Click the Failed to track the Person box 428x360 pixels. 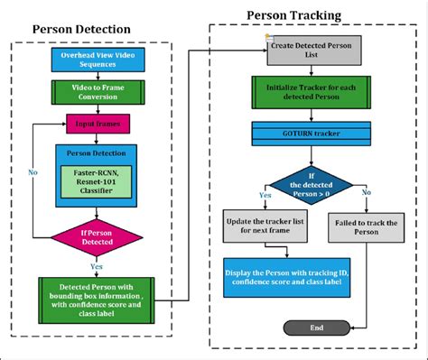366,226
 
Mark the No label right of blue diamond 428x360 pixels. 366,192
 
